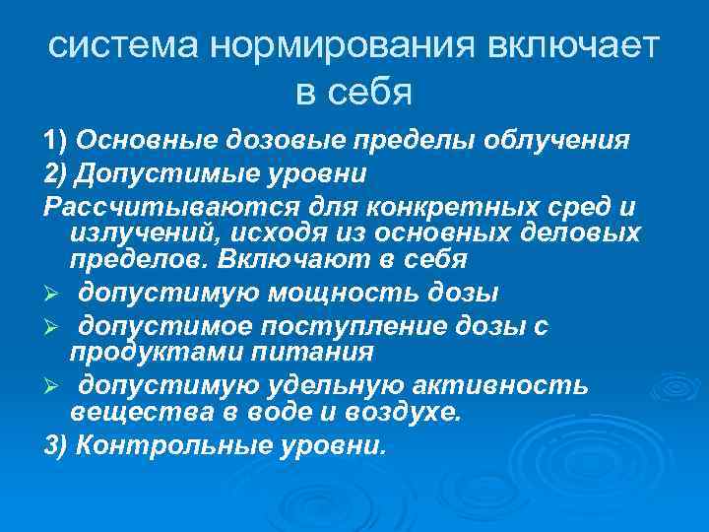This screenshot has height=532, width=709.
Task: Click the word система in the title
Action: pyautogui.click(x=110, y=47)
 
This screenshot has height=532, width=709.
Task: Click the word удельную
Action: pyautogui.click(x=312, y=385)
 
